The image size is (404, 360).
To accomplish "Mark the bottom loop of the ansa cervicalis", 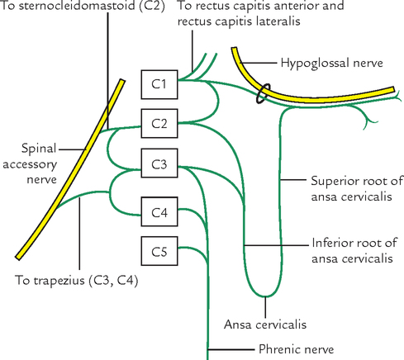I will click(x=264, y=295).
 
